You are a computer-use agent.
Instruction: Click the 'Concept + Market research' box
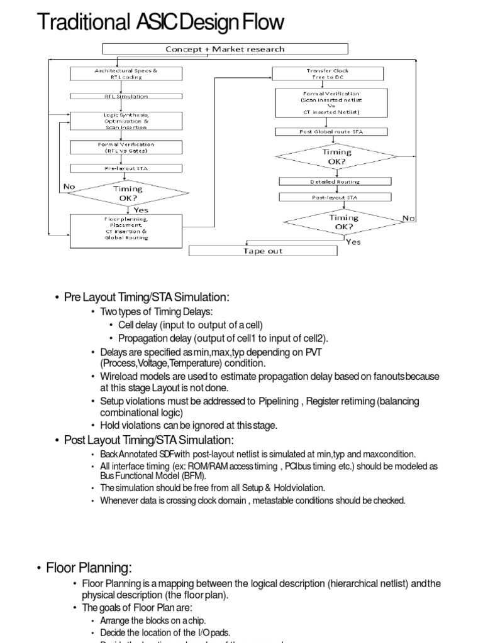pos(225,49)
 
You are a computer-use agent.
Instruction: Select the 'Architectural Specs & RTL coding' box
pos(126,74)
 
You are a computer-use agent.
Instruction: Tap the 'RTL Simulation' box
pos(126,96)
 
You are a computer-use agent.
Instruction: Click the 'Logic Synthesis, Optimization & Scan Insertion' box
pos(126,121)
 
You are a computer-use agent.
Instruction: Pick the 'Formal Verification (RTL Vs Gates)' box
pos(126,148)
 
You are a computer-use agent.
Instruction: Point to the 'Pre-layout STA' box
pos(126,168)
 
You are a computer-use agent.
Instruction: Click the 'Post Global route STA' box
pos(331,132)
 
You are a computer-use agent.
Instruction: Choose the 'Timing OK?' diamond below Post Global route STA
pos(337,156)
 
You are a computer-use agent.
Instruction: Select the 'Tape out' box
pos(263,251)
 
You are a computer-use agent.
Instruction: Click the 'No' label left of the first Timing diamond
pos(69,186)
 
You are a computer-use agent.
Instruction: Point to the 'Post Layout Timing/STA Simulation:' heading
pos(148,440)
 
